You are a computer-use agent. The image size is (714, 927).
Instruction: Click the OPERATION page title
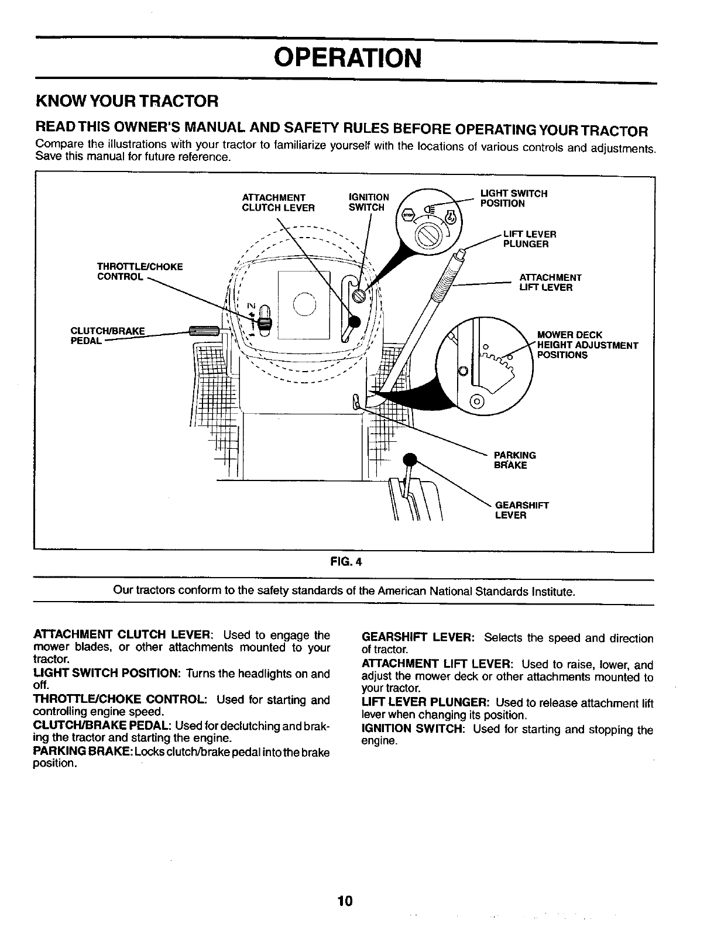click(348, 58)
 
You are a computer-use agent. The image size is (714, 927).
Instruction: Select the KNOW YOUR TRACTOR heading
click(127, 101)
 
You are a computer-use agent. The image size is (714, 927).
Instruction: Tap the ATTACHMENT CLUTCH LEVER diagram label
click(278, 202)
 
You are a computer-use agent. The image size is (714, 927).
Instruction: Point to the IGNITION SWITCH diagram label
click(368, 202)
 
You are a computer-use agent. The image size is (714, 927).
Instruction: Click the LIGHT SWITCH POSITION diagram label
click(513, 198)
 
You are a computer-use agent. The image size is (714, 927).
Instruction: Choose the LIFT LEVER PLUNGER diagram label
click(529, 239)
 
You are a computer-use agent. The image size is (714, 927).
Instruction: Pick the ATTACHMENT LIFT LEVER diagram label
click(550, 283)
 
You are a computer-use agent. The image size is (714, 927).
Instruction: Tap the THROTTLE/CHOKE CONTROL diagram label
click(140, 272)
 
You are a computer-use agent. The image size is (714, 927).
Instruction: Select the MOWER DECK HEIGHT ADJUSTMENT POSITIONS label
click(586, 345)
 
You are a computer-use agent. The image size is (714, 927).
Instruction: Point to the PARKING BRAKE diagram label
click(514, 460)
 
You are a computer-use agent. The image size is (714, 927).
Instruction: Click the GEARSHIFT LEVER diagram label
click(521, 510)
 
